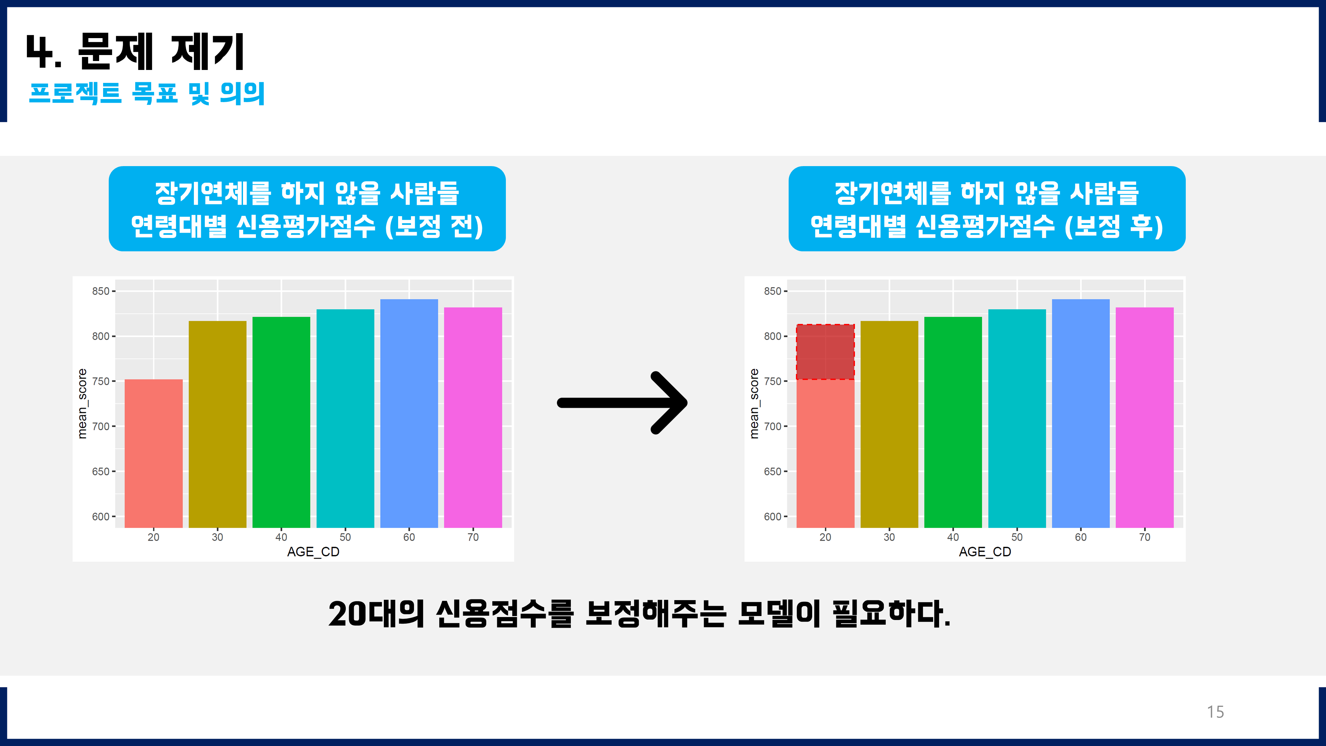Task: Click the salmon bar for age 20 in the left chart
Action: click(x=153, y=453)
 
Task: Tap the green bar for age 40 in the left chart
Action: click(x=281, y=422)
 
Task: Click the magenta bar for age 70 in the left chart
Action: click(x=472, y=417)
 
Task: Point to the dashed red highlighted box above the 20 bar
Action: click(x=825, y=352)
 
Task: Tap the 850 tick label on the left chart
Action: click(x=100, y=291)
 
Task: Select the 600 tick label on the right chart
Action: click(x=772, y=516)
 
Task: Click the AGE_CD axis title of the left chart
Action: click(x=313, y=552)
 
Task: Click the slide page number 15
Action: click(x=1215, y=712)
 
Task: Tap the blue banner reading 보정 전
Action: click(x=307, y=209)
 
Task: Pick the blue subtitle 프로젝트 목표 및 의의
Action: click(x=147, y=93)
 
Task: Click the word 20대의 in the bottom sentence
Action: click(x=376, y=614)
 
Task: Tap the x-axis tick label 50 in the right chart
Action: click(x=1017, y=537)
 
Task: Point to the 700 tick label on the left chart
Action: click(x=100, y=426)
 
